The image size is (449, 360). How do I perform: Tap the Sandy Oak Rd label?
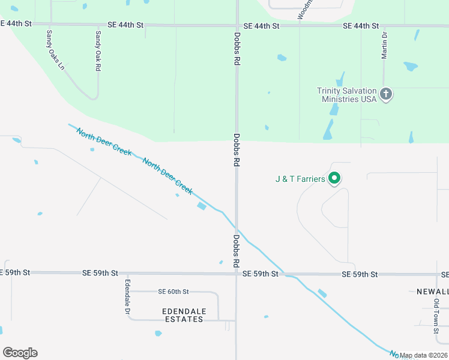tap(98, 52)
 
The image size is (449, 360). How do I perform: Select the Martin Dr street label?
tap(384, 46)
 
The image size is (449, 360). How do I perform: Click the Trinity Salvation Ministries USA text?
tap(347, 95)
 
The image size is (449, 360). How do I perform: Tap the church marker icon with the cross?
tap(386, 94)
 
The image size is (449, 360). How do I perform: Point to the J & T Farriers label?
tap(300, 179)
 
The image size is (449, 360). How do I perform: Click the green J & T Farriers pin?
tap(335, 178)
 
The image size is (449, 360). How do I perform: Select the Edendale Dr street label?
tap(127, 297)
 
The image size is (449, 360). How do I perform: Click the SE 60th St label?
tap(173, 292)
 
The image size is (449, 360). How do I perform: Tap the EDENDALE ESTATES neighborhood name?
tap(184, 315)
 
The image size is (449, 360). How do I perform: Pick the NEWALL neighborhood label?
tap(432, 292)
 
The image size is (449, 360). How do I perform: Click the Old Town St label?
tap(436, 312)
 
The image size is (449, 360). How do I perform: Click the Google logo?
tap(20, 353)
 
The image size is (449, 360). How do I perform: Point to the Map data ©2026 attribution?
tap(424, 355)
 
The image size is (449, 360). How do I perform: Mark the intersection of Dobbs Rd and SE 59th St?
tap(237, 274)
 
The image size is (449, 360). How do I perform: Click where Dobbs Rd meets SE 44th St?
tap(237, 26)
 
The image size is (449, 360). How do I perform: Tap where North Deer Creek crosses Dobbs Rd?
tap(238, 229)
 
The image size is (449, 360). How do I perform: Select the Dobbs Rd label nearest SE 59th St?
tap(237, 251)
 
